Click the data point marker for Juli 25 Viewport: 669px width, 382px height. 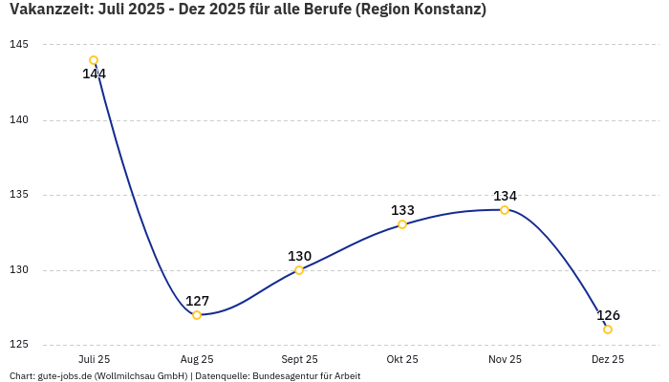pyautogui.click(x=94, y=60)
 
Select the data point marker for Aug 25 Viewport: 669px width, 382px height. pyautogui.click(x=197, y=315)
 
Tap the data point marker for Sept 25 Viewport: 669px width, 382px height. pyautogui.click(x=299, y=270)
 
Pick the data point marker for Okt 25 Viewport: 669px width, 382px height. pyautogui.click(x=402, y=224)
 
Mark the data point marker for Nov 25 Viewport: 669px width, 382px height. pyautogui.click(x=505, y=210)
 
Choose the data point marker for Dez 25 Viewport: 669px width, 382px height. pyautogui.click(x=608, y=329)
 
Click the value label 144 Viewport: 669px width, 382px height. pyautogui.click(x=94, y=74)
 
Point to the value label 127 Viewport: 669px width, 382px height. pyautogui.click(x=197, y=301)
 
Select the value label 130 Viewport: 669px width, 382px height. pyautogui.click(x=299, y=256)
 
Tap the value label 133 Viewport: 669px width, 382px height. pyautogui.click(x=402, y=210)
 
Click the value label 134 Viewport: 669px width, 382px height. pyautogui.click(x=505, y=196)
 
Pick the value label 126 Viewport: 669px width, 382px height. pyautogui.click(x=608, y=315)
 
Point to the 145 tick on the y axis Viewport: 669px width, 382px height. pyautogui.click(x=19, y=45)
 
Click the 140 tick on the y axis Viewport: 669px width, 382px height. pyautogui.click(x=19, y=120)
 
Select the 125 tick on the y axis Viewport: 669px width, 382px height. pyautogui.click(x=19, y=345)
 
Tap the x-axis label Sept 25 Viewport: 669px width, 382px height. pyautogui.click(x=299, y=359)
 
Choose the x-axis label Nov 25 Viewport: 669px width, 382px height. pyautogui.click(x=505, y=359)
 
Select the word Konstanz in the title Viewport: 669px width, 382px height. pyautogui.click(x=445, y=10)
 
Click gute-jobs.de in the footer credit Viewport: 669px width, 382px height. pyautogui.click(x=64, y=376)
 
